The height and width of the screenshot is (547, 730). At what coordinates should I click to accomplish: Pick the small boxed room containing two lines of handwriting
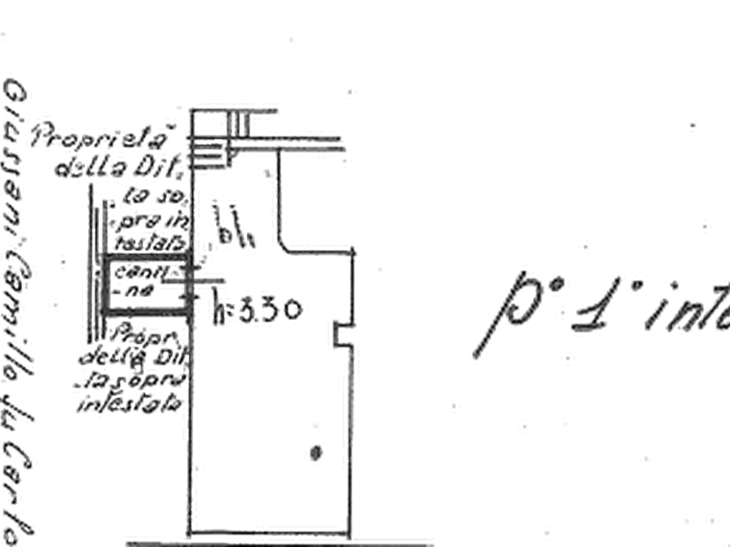coord(147,282)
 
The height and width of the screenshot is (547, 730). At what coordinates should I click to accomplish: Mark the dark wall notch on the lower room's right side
coord(336,334)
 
